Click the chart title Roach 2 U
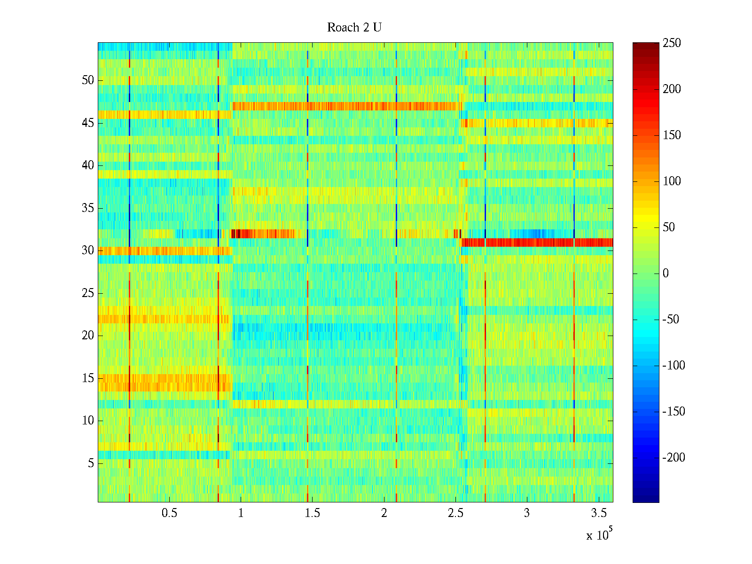(x=354, y=28)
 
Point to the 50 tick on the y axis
(x=88, y=80)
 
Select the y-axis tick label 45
(x=88, y=123)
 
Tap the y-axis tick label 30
(x=88, y=251)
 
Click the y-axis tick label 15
(x=88, y=378)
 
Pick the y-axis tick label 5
(x=91, y=463)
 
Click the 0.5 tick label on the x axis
(x=169, y=513)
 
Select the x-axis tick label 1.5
(x=312, y=513)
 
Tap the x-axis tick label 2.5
(x=455, y=513)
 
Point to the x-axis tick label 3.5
(x=598, y=513)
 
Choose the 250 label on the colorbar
(x=672, y=43)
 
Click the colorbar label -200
(x=673, y=458)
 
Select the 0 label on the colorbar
(x=666, y=274)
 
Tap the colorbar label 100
(x=672, y=181)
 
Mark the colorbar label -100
(x=673, y=366)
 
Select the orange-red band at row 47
(x=348, y=106)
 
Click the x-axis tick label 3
(x=527, y=513)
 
